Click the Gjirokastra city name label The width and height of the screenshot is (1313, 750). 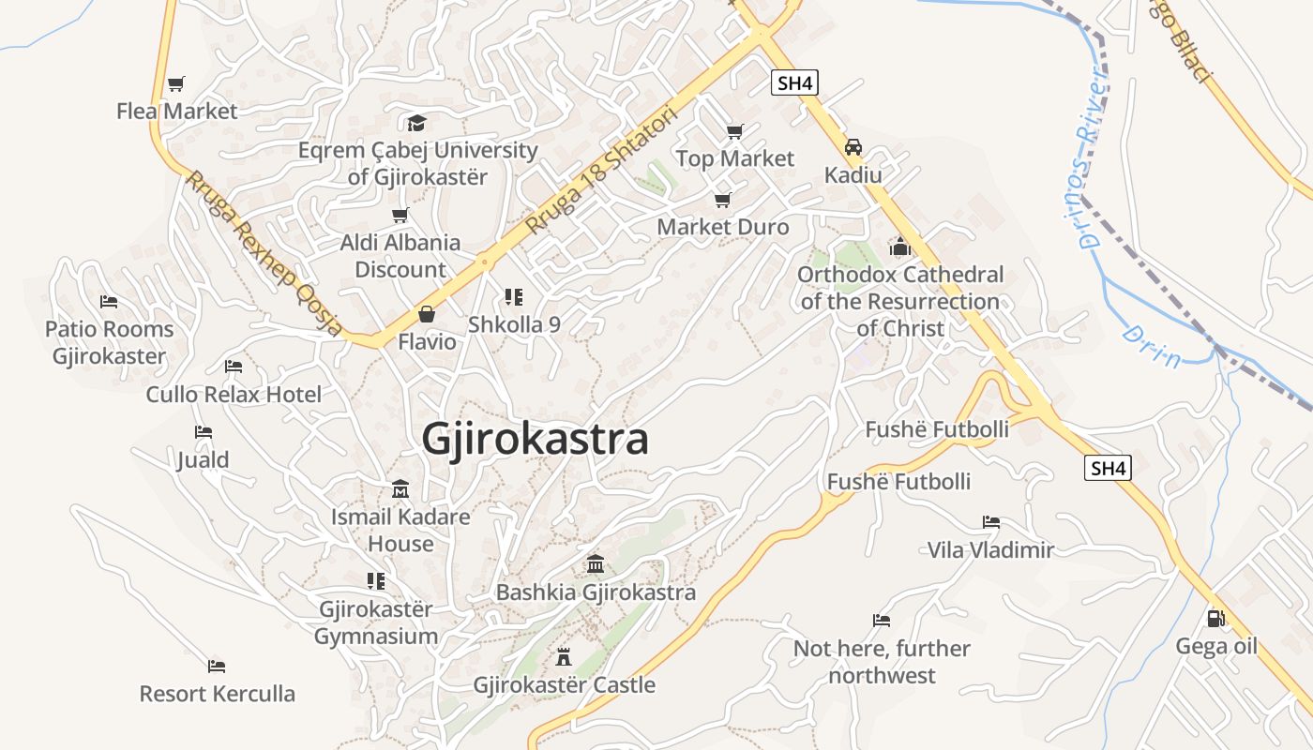(535, 439)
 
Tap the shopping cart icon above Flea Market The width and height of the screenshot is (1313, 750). (175, 83)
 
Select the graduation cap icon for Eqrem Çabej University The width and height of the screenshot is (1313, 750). (416, 123)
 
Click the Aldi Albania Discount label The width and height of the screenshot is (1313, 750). (400, 256)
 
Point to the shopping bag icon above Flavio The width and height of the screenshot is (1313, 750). (427, 314)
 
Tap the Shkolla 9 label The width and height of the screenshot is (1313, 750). (514, 324)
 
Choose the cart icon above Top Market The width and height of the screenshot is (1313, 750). (734, 131)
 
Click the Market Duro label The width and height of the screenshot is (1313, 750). (722, 227)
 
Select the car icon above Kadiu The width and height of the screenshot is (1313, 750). (853, 147)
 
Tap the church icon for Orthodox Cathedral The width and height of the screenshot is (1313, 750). (900, 247)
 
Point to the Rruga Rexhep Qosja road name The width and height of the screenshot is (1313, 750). (264, 253)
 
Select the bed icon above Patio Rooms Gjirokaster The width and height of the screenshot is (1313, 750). (109, 302)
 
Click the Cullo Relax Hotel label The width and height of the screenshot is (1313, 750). (234, 395)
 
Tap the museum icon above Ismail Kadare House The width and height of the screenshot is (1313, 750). (400, 488)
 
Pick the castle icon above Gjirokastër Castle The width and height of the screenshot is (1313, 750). (564, 655)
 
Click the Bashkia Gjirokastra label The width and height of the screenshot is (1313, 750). (596, 592)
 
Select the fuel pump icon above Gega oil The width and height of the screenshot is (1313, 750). (1215, 618)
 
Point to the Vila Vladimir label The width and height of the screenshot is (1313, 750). (990, 549)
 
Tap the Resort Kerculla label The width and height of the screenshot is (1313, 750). (217, 694)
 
